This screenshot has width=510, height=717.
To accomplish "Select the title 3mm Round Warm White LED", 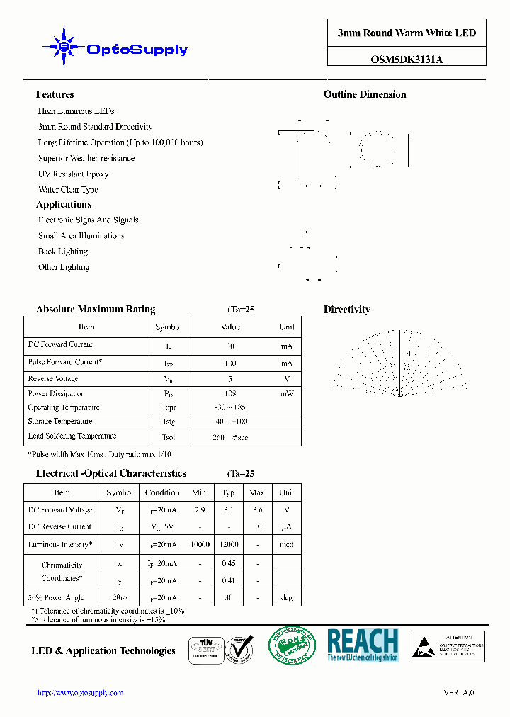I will tap(407, 33).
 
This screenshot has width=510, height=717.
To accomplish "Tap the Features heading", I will tap(55, 94).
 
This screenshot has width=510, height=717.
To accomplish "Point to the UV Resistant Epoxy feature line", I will tap(73, 174).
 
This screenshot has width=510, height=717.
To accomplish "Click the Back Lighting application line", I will tap(63, 252).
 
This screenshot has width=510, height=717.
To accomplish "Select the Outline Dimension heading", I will tap(365, 94).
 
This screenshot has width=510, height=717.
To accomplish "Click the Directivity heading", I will tap(346, 310).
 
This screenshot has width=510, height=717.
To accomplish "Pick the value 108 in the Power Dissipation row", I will tap(229, 393).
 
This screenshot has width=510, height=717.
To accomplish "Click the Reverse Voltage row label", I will tap(53, 379).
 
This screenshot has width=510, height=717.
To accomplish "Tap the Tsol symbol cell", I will tap(169, 437).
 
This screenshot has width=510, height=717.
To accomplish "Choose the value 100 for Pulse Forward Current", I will tap(229, 363).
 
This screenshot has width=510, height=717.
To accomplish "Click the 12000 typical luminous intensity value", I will tap(229, 545).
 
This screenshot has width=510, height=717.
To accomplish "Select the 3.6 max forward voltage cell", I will tap(258, 510).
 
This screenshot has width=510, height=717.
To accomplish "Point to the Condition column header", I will tap(162, 492).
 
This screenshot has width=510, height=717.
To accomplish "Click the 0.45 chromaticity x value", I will tap(229, 564).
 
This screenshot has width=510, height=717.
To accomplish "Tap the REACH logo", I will tap(363, 645).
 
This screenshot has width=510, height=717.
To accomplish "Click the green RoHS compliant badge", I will tap(293, 646).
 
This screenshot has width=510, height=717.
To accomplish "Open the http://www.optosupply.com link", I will tap(80, 693).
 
